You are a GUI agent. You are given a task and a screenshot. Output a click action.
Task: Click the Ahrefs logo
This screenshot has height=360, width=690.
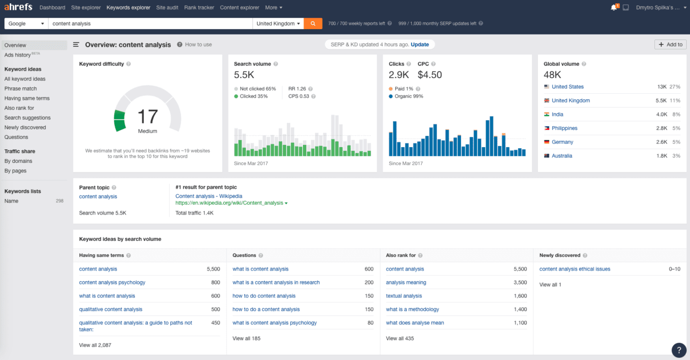point(18,8)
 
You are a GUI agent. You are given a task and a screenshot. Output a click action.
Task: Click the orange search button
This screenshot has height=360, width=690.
point(313,24)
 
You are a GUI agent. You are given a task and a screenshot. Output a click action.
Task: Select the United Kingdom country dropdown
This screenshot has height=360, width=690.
point(278,24)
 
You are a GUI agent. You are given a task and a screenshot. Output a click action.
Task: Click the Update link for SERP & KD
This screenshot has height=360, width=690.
point(420,45)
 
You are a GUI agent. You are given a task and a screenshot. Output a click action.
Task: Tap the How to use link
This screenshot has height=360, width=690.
point(198,45)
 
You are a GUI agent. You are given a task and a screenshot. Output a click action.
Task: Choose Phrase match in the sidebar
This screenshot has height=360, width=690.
point(20,88)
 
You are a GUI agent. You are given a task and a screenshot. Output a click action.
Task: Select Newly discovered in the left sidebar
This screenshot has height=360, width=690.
point(25,127)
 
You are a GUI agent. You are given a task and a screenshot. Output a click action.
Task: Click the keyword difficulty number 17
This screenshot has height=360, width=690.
point(147,116)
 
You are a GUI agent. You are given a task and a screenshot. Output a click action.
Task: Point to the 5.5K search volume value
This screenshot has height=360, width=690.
point(244,75)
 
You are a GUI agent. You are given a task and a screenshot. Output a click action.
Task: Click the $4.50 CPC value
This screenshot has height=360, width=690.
point(430,75)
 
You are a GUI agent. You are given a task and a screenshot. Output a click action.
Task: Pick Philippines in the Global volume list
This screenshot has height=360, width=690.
point(564,128)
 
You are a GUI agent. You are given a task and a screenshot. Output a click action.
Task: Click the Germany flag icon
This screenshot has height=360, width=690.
point(547,142)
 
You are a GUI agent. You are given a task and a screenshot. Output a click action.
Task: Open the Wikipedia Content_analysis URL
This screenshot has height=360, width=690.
point(229,203)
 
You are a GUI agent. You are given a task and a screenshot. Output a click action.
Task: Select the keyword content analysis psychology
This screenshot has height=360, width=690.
point(112,282)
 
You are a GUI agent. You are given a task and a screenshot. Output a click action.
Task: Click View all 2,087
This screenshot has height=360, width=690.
point(95,345)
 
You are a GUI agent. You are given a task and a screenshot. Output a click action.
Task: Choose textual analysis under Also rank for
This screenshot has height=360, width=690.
point(404,296)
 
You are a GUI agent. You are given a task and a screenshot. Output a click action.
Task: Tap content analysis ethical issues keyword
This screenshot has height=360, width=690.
point(575,269)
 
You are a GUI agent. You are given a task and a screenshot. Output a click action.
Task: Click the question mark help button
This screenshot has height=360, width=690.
point(679,350)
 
